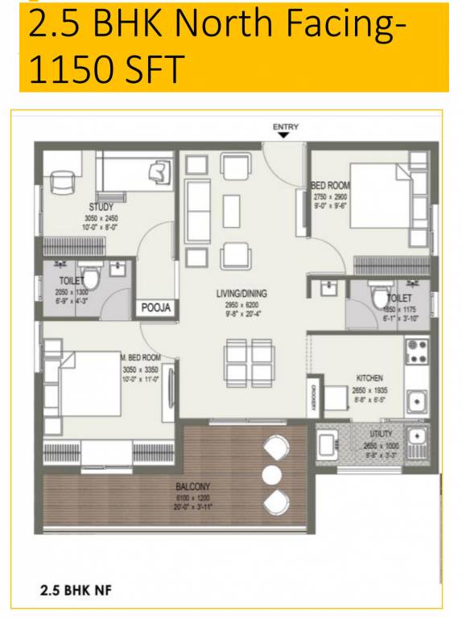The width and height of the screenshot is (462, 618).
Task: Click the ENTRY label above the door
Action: [286, 126]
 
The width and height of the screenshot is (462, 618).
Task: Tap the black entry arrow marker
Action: [284, 135]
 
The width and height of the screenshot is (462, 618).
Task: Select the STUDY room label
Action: [101, 208]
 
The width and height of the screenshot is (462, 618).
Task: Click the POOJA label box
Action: [158, 307]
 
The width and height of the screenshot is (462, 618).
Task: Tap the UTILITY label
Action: [381, 434]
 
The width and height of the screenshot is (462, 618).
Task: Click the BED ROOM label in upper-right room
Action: [331, 186]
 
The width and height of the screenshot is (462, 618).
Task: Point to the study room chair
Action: [60, 183]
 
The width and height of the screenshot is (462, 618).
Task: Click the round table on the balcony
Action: [274, 472]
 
